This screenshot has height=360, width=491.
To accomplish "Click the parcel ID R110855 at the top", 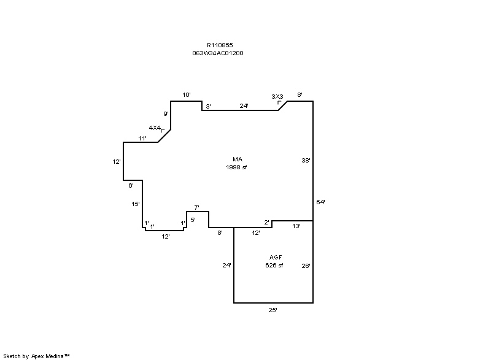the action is (220, 45).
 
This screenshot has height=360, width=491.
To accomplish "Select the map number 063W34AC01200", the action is (218, 53).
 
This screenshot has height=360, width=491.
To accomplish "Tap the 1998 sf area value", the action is (236, 167).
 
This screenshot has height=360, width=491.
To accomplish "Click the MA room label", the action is (238, 159).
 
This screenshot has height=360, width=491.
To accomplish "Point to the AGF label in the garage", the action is (276, 257).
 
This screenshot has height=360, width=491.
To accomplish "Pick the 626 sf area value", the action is (274, 265).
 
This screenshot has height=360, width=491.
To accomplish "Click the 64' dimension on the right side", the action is (320, 202).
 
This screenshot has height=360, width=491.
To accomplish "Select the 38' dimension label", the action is (306, 161).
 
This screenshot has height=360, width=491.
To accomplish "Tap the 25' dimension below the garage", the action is (273, 310).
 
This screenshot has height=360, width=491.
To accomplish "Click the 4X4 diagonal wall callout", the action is (155, 128).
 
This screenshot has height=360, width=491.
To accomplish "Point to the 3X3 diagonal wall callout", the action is (277, 96).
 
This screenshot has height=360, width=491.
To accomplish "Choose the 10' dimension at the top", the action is (187, 95).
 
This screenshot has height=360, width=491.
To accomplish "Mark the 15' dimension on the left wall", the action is (136, 204).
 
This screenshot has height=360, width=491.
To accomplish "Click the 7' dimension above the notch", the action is (196, 208).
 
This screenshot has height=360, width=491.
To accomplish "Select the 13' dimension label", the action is (296, 226).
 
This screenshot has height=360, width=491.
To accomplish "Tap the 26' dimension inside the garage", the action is (306, 266).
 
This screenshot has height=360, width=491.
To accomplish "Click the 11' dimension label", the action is (142, 138).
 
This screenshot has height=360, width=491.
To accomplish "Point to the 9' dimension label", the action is (166, 113).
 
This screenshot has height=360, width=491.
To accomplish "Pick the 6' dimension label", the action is (131, 185).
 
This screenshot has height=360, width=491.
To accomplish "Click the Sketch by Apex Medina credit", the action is (36, 356).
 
